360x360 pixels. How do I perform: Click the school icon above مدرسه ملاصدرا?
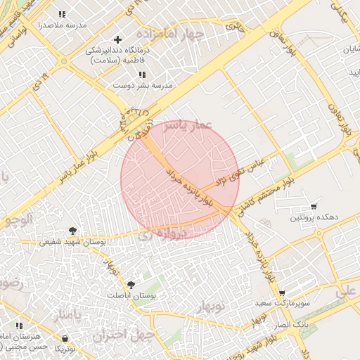[62, 14]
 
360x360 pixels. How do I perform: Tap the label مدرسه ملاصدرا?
[63, 25]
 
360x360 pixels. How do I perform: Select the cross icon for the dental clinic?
[117, 39]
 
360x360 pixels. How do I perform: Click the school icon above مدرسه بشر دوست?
[142, 75]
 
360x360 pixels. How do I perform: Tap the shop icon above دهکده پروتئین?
[314, 207]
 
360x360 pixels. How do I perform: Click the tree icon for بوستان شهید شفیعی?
[72, 231]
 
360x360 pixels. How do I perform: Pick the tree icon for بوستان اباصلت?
[131, 284]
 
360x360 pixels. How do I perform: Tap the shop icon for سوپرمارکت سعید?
[282, 292]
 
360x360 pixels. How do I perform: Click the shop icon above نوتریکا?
[65, 338]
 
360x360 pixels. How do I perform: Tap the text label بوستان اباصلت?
[131, 297]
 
